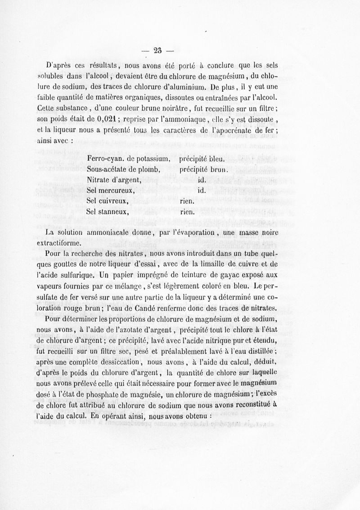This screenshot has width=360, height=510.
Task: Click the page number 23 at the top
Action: pyautogui.click(x=157, y=50)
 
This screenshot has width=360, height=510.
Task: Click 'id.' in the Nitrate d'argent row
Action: pyautogui.click(x=202, y=180)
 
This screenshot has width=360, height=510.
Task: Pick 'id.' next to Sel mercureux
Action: pyautogui.click(x=202, y=191)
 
